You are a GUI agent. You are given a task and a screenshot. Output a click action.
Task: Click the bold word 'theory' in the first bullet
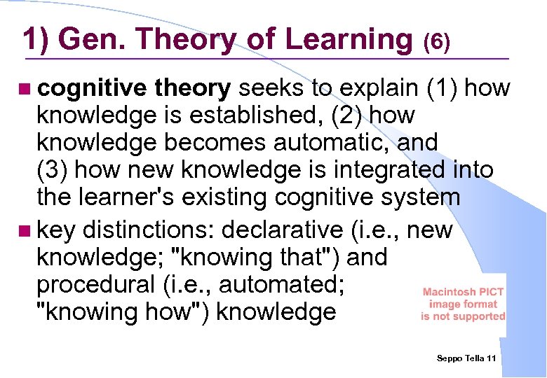[x=193, y=88]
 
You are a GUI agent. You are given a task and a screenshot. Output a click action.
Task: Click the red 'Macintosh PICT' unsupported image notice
[x=463, y=304]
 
